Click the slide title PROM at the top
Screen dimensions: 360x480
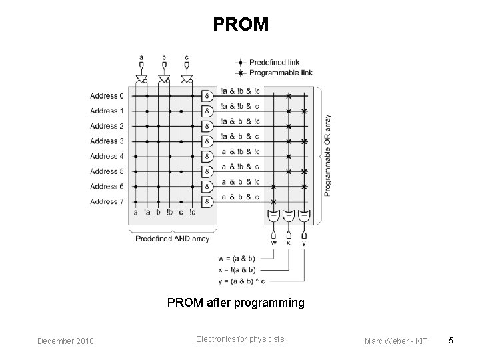coord(241,25)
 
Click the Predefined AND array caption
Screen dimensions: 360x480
coord(173,239)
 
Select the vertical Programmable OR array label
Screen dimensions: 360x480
coord(327,155)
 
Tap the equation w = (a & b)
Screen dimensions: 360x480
coord(237,258)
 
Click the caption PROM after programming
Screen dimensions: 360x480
coord(235,303)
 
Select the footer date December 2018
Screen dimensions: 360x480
coord(65,341)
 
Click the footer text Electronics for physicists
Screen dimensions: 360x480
coord(240,339)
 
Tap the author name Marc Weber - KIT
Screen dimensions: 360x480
coord(397,341)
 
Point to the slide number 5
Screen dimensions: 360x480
coord(451,341)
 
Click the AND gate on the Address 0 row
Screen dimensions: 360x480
coord(207,96)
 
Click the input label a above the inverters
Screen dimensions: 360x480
coord(141,57)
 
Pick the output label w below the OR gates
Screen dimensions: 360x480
coord(274,243)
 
